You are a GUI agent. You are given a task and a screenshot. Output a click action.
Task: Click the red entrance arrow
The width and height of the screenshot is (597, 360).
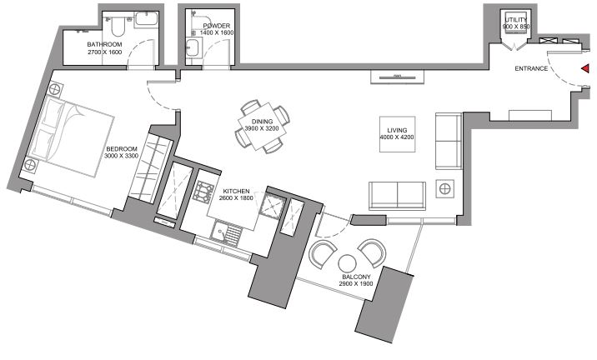pos(585,68)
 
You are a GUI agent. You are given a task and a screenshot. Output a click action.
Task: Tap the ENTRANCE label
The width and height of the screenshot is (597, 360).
pos(531,68)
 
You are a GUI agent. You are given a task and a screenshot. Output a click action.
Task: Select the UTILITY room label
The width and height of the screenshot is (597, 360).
pos(516,20)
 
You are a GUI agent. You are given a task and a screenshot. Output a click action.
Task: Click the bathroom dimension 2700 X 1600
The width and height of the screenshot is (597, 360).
pos(105,52)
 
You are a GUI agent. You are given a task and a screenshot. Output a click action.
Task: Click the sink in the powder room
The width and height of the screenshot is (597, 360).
pos(193,47)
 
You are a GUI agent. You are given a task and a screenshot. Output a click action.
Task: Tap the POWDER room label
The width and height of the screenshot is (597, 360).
pos(217,26)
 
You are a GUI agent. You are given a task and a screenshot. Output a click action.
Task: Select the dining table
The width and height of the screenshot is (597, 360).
pos(262,127)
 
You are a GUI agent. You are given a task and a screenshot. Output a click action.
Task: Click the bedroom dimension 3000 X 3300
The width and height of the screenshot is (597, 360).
pos(122,156)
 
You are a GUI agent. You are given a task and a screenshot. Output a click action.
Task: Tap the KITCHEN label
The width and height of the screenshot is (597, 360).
pos(237,191)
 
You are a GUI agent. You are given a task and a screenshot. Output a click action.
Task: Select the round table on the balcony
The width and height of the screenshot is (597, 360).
pos(347,263)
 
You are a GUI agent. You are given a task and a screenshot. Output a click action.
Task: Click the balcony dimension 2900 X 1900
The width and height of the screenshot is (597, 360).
pos(356,283)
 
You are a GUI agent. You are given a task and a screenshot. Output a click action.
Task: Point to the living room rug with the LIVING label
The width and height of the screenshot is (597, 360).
pos(397,134)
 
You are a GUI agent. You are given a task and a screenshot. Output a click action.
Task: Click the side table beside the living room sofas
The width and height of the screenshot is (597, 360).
pos(444,188)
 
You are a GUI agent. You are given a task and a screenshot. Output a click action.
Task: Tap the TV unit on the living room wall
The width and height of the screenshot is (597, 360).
pos(397,77)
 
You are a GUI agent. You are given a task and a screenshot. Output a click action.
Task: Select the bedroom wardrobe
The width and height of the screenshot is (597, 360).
pos(150,169)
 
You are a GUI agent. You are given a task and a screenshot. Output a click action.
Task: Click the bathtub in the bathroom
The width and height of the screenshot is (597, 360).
pos(146,18)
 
